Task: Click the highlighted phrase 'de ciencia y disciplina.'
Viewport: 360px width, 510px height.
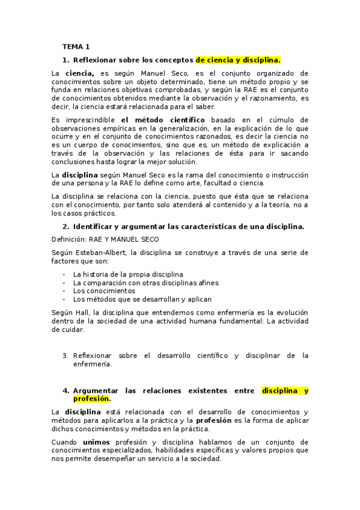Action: (238, 60)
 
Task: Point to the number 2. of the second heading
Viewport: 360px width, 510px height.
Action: (66, 226)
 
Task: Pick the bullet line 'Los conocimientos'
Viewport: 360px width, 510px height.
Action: (104, 290)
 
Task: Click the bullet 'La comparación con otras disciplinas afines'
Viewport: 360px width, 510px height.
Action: (145, 282)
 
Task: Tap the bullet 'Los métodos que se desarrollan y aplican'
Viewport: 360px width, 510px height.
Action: (142, 299)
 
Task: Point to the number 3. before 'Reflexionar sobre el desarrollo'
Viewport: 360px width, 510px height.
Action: (66, 355)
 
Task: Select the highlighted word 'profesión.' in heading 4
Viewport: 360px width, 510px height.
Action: (91, 399)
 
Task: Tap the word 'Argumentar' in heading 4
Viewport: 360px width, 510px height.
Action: (97, 390)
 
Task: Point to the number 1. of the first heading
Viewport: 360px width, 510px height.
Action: (66, 60)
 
